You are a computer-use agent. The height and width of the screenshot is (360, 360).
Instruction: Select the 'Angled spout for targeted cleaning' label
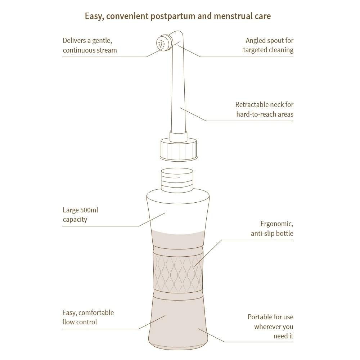tap(268, 45)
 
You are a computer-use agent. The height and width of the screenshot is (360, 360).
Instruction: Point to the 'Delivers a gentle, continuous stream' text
tap(90, 45)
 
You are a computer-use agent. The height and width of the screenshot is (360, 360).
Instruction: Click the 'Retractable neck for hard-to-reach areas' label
tap(265, 109)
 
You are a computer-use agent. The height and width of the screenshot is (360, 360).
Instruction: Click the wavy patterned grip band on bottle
tap(178, 269)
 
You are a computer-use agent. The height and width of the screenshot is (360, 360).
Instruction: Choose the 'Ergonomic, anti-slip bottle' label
tap(272, 229)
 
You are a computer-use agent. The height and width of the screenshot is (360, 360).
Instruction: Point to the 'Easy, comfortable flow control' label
tap(88, 317)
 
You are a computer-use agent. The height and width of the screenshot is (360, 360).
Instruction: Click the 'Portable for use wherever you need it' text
tap(270, 327)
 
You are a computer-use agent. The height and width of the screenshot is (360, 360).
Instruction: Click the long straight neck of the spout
tap(179, 94)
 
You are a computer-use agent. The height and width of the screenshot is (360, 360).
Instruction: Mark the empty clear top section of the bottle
tap(178, 211)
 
